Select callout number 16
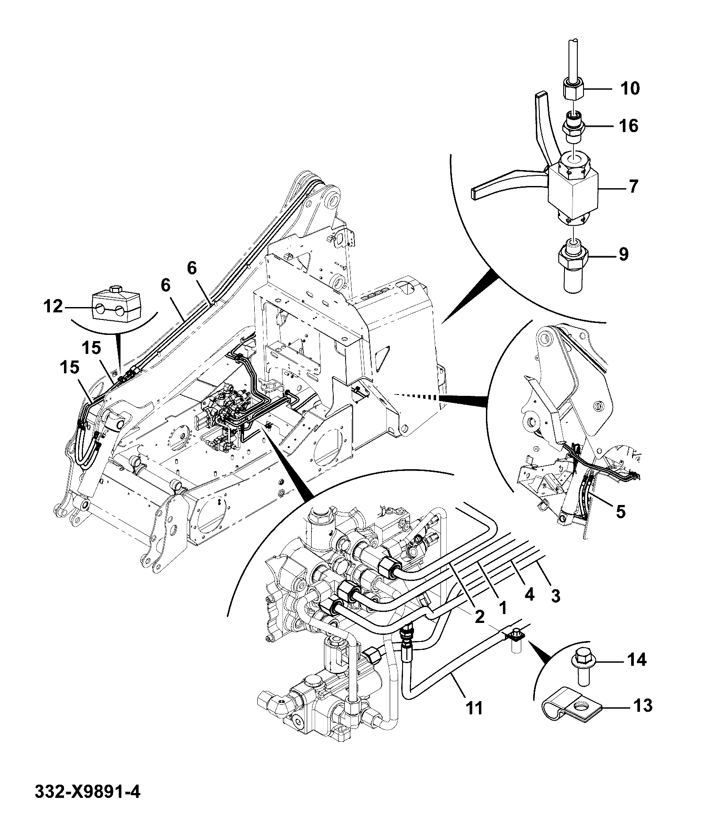pos(629,126)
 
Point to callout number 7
pos(634,186)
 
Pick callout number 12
pos(53,306)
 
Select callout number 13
pos(642,706)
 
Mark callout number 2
pos(480,617)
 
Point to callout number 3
pos(555,596)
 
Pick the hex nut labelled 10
pos(573,90)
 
